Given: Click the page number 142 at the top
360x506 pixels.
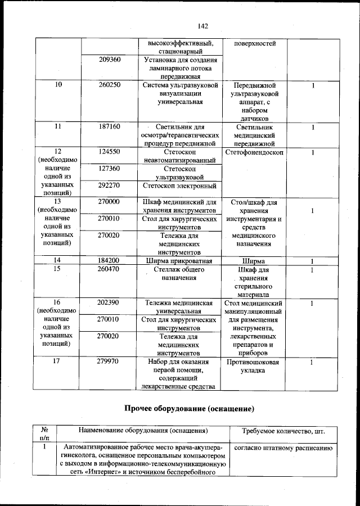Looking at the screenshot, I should tap(202, 25).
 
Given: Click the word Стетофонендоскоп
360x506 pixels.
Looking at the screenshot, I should tap(254, 152).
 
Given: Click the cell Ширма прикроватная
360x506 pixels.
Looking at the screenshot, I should tap(178, 261).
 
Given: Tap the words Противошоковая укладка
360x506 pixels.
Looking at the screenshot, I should tap(252, 367).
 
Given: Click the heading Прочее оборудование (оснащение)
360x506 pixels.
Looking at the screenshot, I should tap(186, 407).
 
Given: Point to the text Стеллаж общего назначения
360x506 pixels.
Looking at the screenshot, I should tap(178, 274).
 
